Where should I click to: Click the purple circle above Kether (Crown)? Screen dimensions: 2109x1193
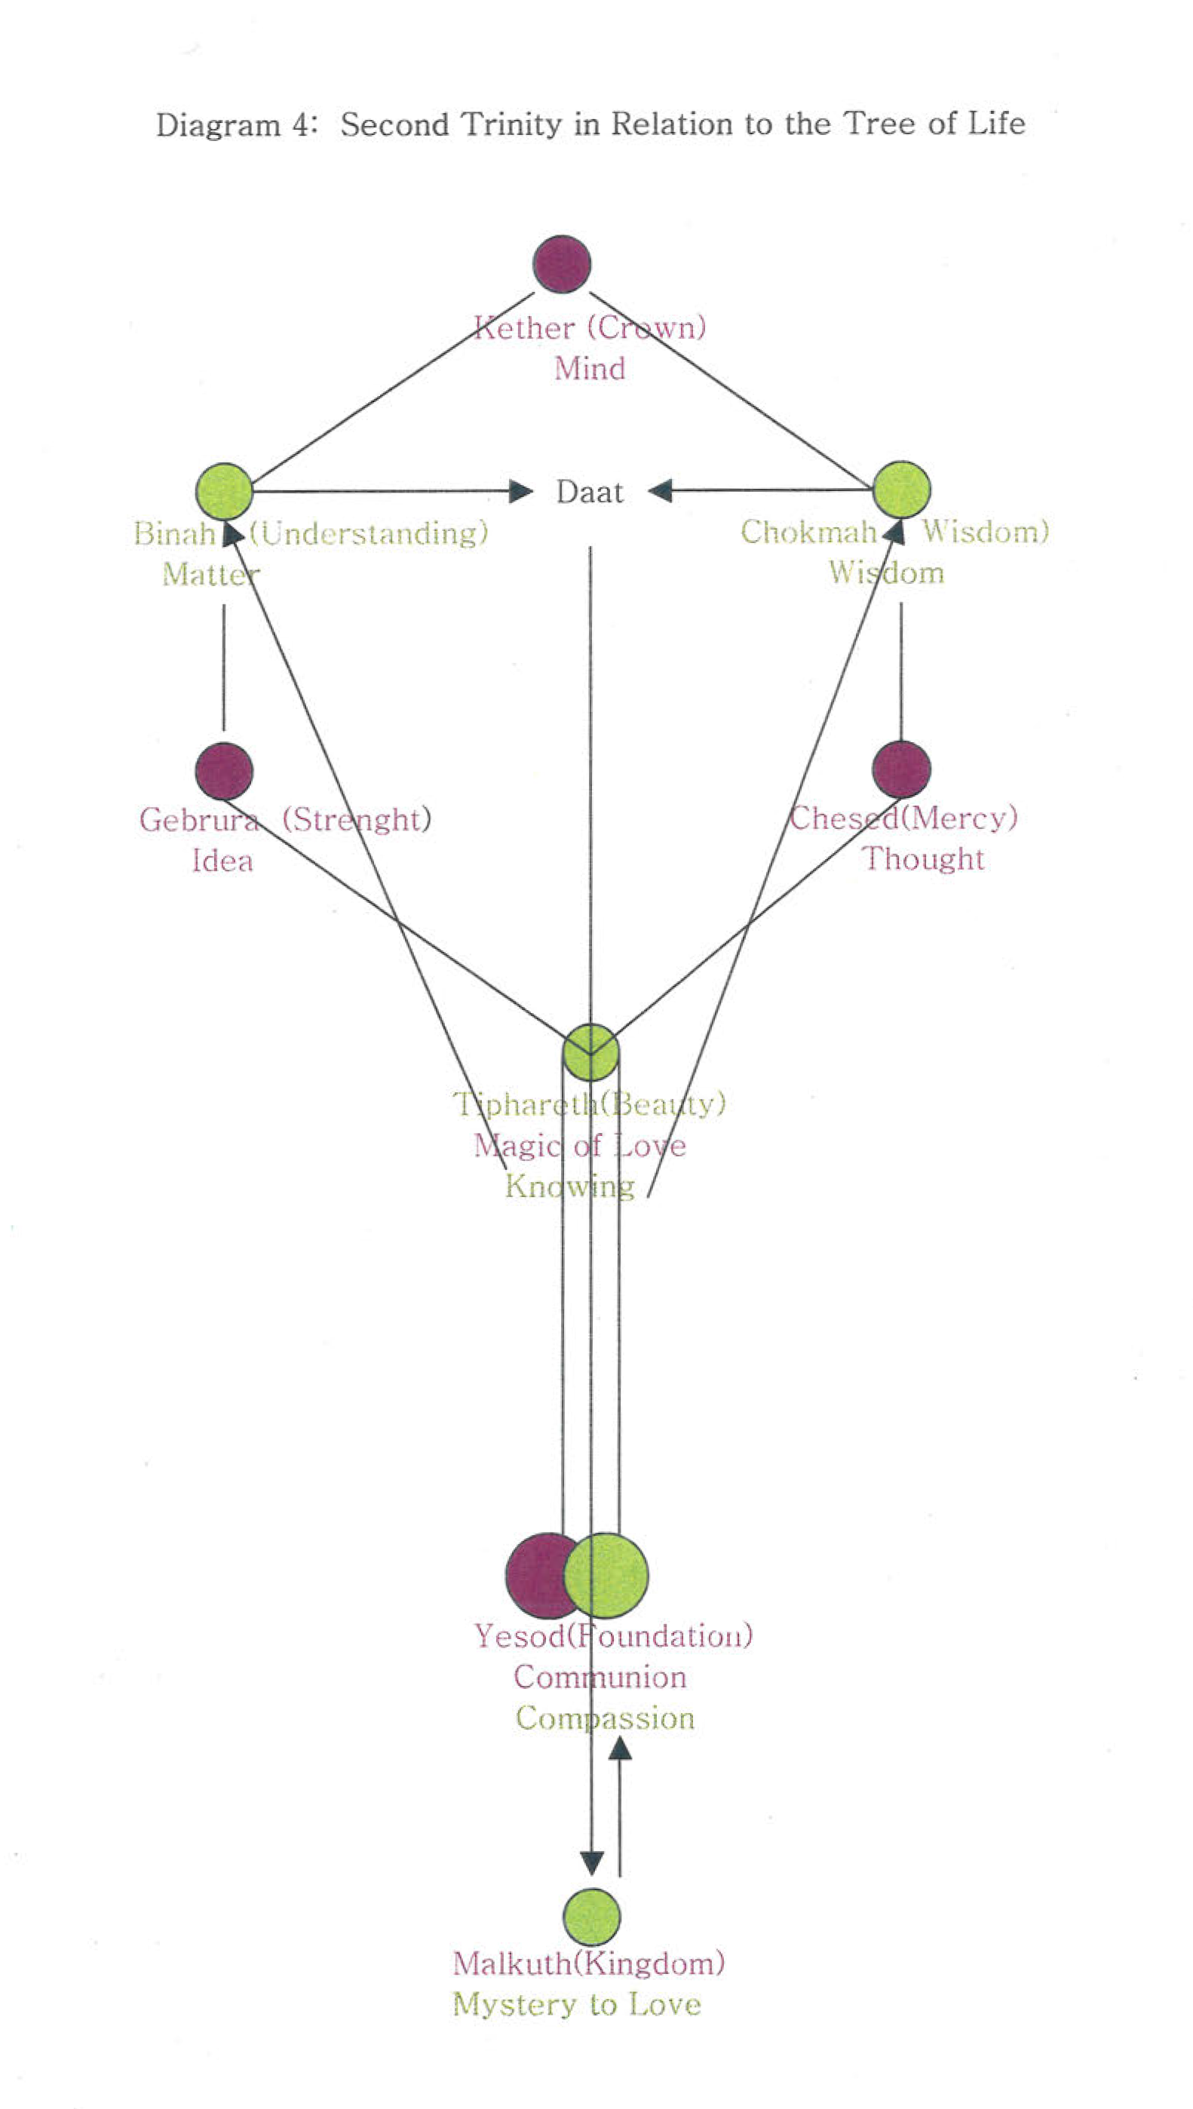pos(561,264)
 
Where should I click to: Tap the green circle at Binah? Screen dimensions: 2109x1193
pos(224,491)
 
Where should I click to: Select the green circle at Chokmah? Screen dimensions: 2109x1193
pos(901,489)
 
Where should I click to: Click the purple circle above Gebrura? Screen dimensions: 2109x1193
pos(224,771)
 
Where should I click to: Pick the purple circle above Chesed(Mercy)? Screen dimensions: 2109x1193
pos(901,769)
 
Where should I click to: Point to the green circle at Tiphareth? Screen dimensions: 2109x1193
pos(590,1053)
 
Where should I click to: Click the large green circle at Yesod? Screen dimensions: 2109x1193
pos(607,1575)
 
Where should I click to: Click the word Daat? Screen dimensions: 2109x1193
pos(589,493)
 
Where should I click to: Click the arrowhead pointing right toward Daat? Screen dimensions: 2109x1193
pos(521,492)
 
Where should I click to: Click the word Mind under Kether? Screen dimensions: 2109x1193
pos(590,369)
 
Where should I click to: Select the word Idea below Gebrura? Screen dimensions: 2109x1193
pos(222,861)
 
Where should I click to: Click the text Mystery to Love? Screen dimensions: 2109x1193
pos(577,2004)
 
